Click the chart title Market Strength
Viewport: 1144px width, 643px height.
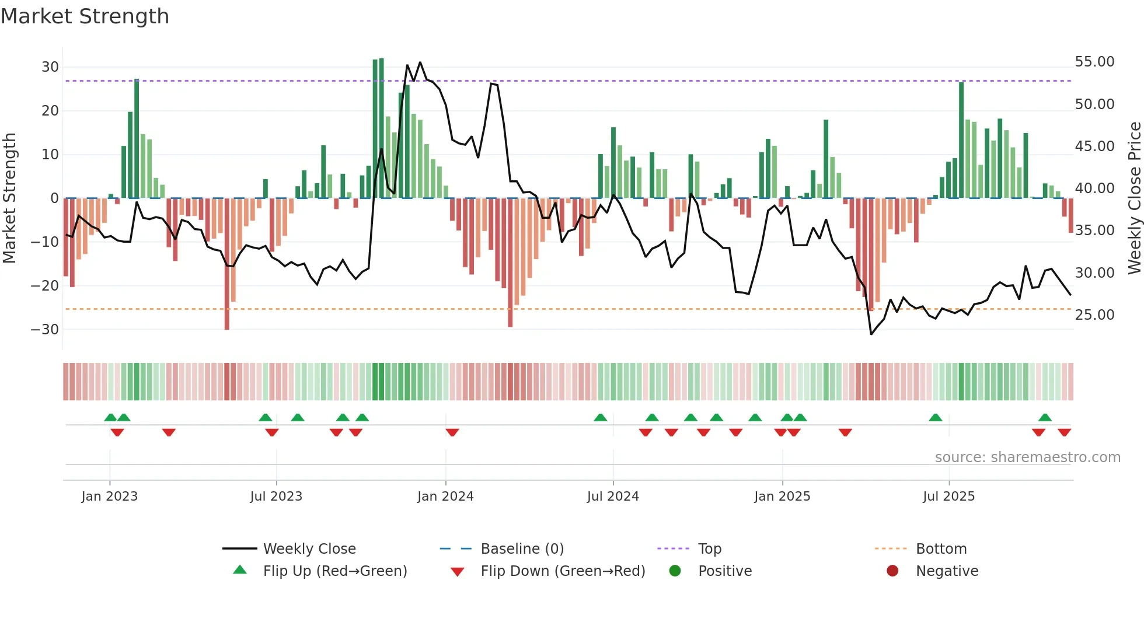(x=85, y=16)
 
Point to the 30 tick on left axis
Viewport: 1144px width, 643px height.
(x=50, y=67)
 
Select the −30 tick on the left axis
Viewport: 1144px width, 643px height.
(x=45, y=330)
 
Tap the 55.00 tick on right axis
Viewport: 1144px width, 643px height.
(x=1094, y=62)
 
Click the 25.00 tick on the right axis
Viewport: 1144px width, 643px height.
(x=1094, y=315)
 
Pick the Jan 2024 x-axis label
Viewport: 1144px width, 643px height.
(x=445, y=497)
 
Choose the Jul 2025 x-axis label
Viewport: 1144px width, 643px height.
(x=948, y=497)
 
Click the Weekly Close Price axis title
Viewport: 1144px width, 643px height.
(x=1134, y=198)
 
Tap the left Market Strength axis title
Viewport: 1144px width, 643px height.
(x=9, y=198)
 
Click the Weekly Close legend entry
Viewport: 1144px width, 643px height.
(x=309, y=549)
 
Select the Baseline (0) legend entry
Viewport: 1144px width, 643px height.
(x=522, y=549)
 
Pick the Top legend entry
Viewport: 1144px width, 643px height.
(x=709, y=549)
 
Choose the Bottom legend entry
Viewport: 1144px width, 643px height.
(x=941, y=549)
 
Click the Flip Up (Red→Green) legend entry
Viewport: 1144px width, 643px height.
(x=334, y=571)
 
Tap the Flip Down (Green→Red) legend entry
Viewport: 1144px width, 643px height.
(x=563, y=571)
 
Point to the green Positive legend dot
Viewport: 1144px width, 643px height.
(x=675, y=571)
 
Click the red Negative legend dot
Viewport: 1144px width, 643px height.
(x=892, y=571)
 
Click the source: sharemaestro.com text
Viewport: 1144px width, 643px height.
(x=1027, y=457)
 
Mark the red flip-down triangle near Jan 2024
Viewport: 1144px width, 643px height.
(x=452, y=432)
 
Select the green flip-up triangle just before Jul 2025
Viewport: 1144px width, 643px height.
(x=935, y=417)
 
